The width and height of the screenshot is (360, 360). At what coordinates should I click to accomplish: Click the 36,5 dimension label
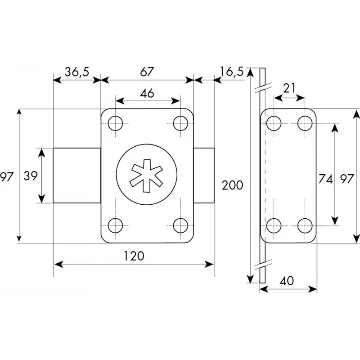[76, 72]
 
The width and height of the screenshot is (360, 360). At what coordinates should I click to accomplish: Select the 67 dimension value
[147, 72]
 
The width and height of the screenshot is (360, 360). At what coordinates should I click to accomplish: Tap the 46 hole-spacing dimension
[147, 93]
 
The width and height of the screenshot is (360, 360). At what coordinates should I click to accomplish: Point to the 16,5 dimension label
[232, 72]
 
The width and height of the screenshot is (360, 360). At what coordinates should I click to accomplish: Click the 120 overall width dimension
[134, 256]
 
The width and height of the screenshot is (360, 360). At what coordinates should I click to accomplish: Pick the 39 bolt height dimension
[30, 176]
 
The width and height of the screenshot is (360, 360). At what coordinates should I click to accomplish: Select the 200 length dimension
[232, 185]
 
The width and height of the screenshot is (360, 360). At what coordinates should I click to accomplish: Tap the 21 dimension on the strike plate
[289, 88]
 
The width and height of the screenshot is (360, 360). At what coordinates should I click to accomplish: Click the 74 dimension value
[325, 179]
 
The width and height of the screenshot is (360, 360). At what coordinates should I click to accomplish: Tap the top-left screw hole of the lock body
[116, 123]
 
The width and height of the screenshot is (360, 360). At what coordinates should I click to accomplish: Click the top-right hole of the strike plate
[306, 122]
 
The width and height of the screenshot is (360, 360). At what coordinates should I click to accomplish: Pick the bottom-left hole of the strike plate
[274, 225]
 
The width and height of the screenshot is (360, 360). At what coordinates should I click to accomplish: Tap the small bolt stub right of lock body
[204, 175]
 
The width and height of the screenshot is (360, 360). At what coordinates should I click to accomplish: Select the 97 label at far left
[6, 176]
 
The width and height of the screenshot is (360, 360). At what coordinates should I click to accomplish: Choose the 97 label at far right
[346, 179]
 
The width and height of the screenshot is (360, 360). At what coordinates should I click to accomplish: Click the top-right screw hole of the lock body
[180, 123]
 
